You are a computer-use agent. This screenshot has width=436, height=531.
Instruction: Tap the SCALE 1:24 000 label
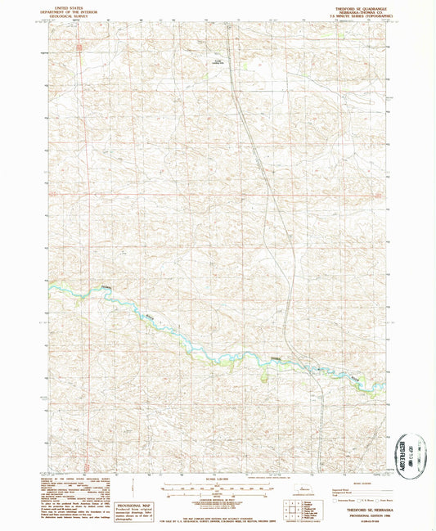click(217, 479)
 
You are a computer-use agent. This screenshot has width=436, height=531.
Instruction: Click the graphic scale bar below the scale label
click(217, 488)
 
